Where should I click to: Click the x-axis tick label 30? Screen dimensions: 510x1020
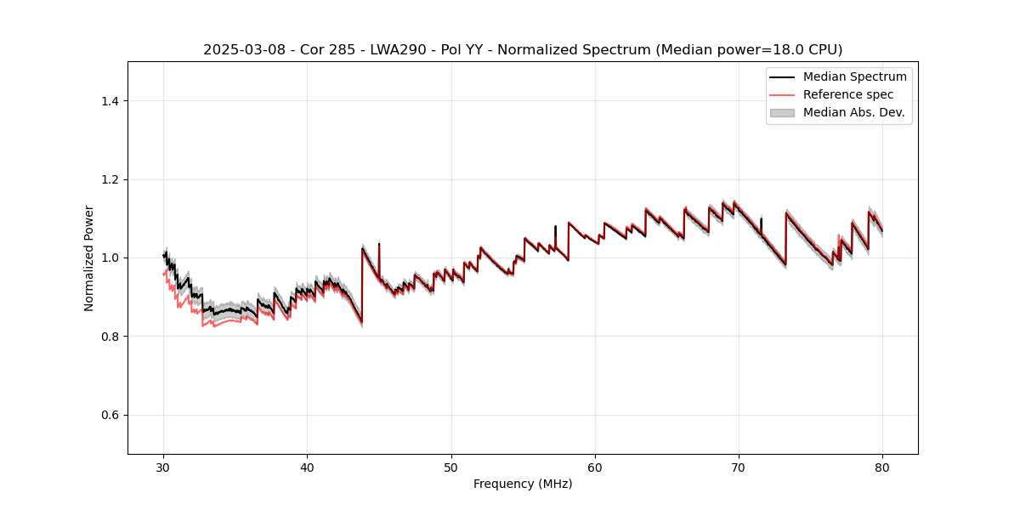point(164,467)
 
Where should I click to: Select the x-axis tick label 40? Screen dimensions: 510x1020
point(308,467)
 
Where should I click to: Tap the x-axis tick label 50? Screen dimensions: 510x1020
point(451,467)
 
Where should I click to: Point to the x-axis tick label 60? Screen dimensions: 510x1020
point(595,467)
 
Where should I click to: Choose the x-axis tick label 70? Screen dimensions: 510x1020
point(739,467)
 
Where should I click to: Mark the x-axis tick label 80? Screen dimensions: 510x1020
point(882,467)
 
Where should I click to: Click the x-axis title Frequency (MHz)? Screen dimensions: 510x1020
point(523,484)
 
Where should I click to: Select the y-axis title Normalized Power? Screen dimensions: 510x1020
point(88,258)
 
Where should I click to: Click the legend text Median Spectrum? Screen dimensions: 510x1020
point(854,76)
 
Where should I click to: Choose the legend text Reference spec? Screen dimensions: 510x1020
point(848,94)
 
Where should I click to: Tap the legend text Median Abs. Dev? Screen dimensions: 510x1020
point(853,112)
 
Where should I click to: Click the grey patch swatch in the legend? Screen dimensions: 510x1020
point(782,112)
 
